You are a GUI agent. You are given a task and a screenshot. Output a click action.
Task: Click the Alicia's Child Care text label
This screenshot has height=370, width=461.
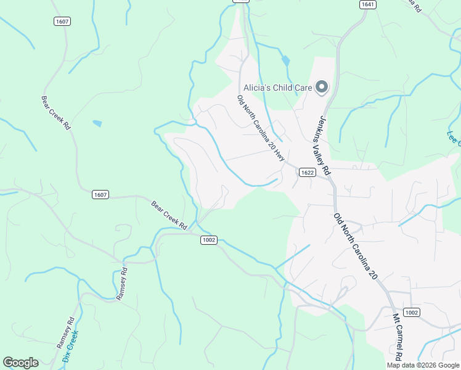point(277,88)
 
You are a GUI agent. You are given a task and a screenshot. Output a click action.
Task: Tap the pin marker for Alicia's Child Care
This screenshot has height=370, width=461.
point(321,88)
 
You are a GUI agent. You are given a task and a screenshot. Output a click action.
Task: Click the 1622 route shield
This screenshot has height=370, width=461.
point(308,173)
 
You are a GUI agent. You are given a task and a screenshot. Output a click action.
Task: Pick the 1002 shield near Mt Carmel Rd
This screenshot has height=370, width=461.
point(412,313)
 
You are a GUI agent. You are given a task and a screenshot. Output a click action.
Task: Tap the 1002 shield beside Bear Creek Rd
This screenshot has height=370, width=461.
point(209,240)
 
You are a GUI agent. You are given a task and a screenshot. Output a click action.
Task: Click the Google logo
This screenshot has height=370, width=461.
point(20,363)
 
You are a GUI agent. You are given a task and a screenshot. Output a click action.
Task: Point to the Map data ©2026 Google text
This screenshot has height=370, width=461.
point(423,365)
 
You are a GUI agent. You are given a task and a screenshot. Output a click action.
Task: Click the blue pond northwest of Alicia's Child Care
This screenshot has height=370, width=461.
point(285,61)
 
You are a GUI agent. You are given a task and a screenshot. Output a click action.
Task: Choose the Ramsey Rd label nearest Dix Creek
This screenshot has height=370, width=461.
point(68,332)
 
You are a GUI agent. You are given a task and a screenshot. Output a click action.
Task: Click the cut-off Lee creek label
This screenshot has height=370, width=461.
point(454,138)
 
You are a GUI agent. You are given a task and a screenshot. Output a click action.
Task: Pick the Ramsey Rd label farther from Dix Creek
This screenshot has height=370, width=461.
point(121,284)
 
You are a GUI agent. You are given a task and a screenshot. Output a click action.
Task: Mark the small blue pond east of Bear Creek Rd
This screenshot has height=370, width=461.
point(97,123)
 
